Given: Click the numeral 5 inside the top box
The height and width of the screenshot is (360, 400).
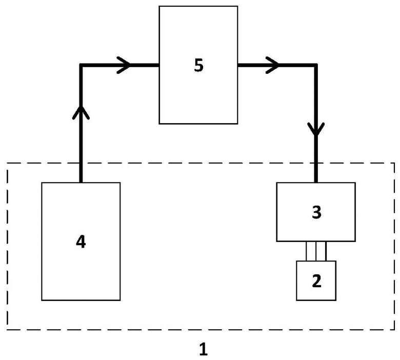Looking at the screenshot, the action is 199,65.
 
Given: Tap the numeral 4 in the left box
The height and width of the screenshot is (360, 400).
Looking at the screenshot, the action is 81,242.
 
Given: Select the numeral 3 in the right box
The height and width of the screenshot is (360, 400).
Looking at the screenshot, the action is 316,212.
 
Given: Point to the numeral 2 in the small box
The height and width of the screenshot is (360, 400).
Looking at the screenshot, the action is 316,281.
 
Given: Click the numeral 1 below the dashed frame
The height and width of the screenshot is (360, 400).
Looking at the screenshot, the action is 204,349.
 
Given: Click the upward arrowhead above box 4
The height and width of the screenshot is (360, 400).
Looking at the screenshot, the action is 81,113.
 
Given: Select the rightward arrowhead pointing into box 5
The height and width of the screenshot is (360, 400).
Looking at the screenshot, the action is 124,65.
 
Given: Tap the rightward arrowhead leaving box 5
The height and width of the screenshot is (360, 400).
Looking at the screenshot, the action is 273,65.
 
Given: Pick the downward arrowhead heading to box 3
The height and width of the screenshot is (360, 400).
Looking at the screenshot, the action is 316,129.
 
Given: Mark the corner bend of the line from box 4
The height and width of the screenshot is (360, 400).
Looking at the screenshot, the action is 81,65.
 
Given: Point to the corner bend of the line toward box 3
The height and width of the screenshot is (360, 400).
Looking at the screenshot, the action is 316,65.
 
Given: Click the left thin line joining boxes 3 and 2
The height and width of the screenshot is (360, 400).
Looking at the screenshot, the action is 306,251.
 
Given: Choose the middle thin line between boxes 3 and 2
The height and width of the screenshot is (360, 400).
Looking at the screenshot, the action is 316,251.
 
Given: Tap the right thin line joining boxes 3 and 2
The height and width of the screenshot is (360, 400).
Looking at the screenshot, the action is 326,251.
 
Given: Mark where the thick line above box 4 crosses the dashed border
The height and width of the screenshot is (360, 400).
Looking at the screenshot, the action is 81,163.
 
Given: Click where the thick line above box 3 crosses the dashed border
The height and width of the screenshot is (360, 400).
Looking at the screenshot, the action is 316,163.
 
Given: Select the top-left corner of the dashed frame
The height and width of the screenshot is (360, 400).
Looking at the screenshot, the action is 7,163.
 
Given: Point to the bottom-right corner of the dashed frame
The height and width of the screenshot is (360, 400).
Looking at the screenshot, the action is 394,330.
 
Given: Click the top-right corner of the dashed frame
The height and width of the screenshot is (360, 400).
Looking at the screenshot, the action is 394,163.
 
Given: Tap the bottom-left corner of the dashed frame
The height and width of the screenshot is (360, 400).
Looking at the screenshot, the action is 7,330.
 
